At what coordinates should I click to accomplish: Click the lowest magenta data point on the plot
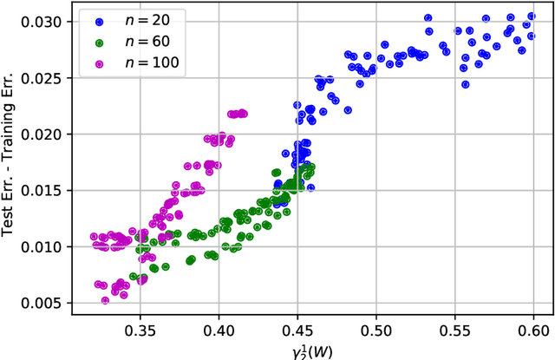(105, 300)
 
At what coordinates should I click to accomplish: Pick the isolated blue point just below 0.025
(466, 85)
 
